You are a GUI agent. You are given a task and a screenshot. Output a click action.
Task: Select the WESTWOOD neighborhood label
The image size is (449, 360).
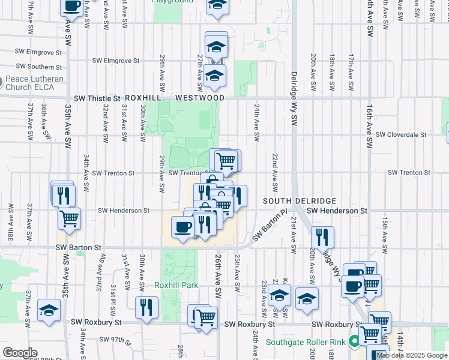(x=200, y=98)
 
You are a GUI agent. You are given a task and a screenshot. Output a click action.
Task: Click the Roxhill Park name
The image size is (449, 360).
(x=176, y=285)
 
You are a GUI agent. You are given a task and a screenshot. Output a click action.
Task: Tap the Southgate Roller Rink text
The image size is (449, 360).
(x=306, y=343)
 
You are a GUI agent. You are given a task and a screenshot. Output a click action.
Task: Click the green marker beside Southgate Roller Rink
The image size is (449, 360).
(x=354, y=343)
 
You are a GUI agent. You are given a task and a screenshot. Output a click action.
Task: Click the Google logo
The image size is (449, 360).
(x=19, y=353)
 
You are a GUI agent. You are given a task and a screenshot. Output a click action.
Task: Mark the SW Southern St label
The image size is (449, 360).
(x=39, y=67)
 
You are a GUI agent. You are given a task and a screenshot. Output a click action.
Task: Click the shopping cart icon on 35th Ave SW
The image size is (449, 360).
(x=70, y=220)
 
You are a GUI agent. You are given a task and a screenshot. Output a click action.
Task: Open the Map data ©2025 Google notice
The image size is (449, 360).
(x=412, y=355)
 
